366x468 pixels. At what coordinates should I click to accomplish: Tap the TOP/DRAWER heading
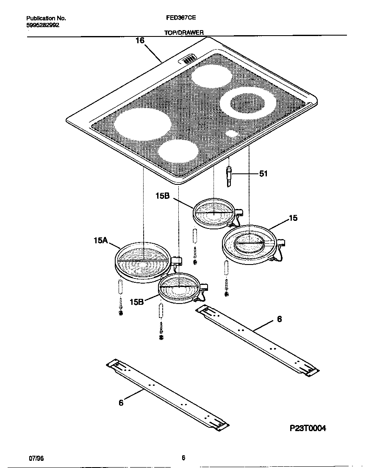coord(184,32)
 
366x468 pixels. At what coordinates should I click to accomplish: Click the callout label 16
coord(140,41)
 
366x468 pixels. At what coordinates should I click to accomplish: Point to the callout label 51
coord(263,174)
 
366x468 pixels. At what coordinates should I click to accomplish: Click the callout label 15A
coord(100,240)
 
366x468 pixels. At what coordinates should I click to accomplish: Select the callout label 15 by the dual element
coord(293,218)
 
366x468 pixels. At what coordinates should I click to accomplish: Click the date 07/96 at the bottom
coord(36,458)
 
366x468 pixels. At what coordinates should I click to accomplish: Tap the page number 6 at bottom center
coord(183,458)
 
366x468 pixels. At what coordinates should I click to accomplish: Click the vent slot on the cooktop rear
coord(189,59)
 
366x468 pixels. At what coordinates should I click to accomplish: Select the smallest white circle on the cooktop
coord(231,134)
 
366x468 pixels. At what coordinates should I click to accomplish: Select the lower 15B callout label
coord(137,302)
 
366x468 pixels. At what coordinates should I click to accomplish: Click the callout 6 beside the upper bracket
coord(279,319)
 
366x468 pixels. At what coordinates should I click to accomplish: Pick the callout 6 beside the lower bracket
coord(121,403)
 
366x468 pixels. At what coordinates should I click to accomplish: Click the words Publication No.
coord(46,19)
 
